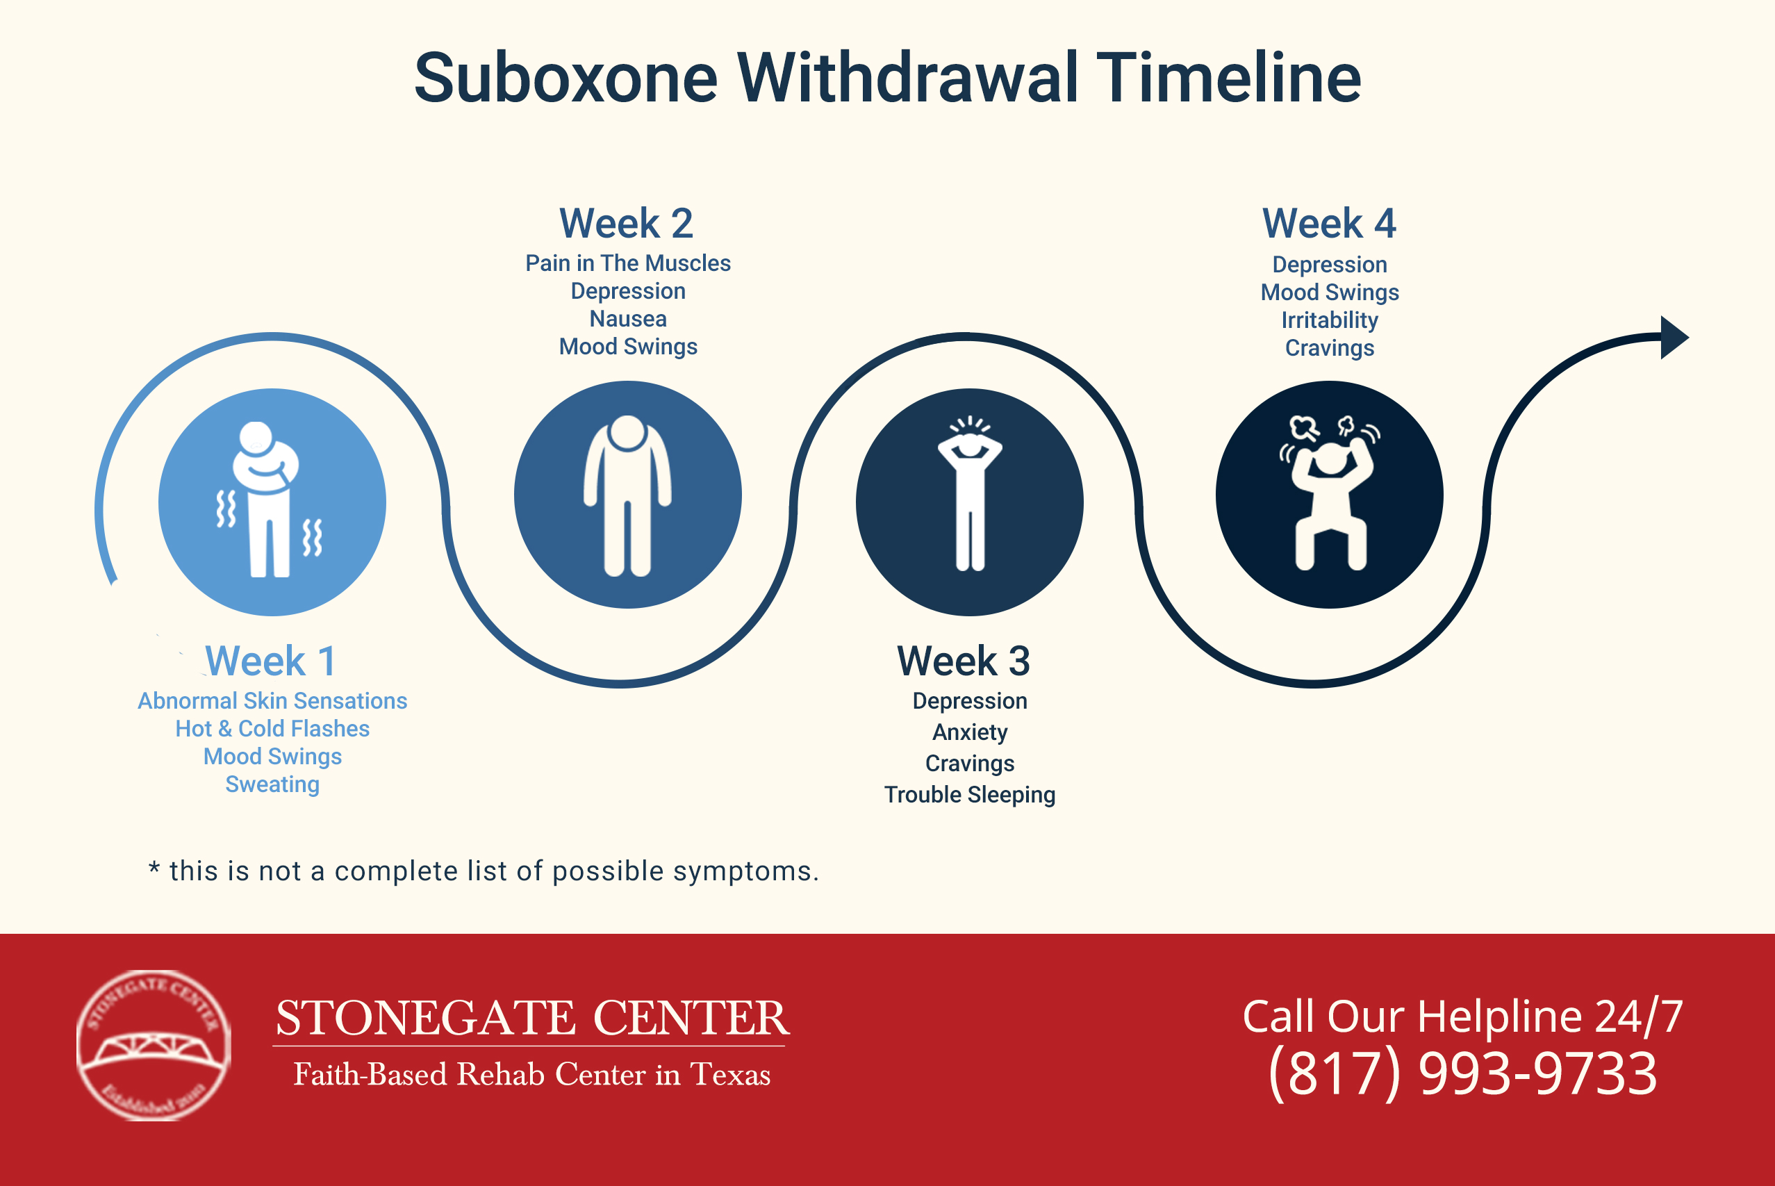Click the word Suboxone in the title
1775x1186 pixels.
click(565, 78)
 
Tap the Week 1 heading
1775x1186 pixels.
click(270, 661)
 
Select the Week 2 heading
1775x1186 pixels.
click(626, 224)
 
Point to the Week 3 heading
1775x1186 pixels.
click(964, 661)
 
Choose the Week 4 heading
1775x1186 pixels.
click(1329, 224)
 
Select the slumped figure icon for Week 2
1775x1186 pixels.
click(627, 495)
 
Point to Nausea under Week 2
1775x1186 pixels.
click(628, 319)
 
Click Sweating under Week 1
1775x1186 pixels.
click(272, 784)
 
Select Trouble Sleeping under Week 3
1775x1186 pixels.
click(970, 795)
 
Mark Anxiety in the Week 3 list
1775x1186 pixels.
click(970, 732)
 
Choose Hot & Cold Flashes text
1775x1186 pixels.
click(272, 729)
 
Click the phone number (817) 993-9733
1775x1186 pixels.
click(1462, 1073)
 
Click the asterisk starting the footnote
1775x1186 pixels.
click(154, 868)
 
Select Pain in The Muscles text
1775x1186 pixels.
click(628, 263)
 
